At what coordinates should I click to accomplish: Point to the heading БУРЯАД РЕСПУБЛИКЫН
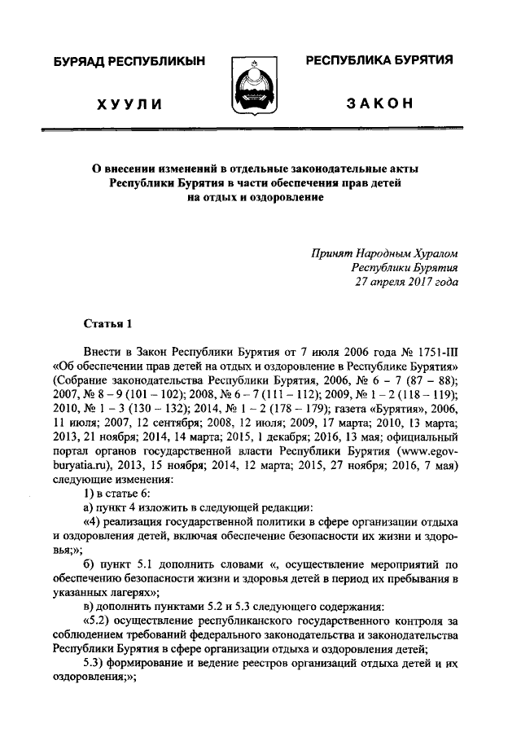point(129,61)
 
